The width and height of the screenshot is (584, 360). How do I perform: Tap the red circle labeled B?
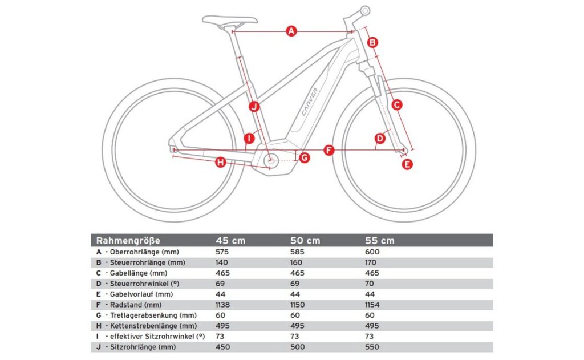(372, 42)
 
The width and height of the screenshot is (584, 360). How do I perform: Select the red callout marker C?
(397, 104)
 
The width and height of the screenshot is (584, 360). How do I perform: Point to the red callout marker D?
(380, 139)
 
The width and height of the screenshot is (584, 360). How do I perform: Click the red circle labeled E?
(407, 164)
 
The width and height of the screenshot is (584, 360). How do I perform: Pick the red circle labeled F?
(328, 150)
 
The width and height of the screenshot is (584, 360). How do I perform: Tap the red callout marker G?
(304, 157)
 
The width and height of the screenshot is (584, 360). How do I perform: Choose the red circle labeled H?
(221, 164)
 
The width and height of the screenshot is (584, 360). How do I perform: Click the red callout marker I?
(249, 139)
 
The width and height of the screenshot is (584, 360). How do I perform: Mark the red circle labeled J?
(254, 106)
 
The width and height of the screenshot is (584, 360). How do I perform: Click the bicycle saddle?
(230, 21)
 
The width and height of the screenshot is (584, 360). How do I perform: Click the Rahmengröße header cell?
(128, 241)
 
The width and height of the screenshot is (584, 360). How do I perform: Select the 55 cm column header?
(379, 241)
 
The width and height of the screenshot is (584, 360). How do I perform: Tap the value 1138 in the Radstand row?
(223, 305)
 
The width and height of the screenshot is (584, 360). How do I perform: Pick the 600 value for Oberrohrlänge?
(372, 252)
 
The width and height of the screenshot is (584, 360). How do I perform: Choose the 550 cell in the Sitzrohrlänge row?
(372, 347)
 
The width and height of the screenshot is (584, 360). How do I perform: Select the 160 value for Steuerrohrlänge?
(298, 262)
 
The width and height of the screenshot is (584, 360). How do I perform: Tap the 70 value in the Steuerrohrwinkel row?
(369, 284)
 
